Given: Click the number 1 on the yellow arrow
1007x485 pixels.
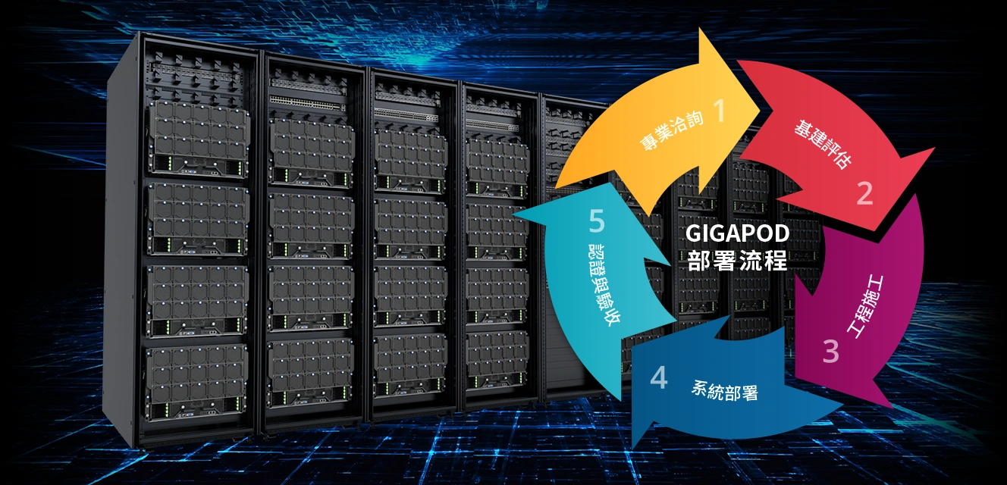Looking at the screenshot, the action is (720, 110).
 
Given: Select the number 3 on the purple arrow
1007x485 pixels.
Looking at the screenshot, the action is (831, 351).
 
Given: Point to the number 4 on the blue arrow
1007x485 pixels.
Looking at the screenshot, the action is (659, 377).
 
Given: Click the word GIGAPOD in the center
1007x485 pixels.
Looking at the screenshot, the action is (737, 233).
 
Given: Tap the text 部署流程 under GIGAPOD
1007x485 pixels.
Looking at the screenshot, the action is (737, 260).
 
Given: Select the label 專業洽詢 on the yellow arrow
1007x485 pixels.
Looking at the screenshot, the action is (671, 130).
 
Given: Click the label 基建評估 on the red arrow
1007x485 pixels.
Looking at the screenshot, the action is (823, 144).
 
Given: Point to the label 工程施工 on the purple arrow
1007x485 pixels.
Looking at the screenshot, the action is (865, 306).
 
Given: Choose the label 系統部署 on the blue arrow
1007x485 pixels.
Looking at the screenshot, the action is (724, 391).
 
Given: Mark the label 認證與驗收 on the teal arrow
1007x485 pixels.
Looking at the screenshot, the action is (604, 284).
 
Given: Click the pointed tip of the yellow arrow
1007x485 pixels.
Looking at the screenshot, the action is (760, 109).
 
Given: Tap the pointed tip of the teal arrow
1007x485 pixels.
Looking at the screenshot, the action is (513, 212).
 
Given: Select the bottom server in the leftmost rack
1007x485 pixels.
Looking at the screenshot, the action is (196, 381).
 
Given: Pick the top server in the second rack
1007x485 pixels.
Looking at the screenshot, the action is (312, 152).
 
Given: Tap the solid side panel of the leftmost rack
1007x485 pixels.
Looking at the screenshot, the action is (121, 242).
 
